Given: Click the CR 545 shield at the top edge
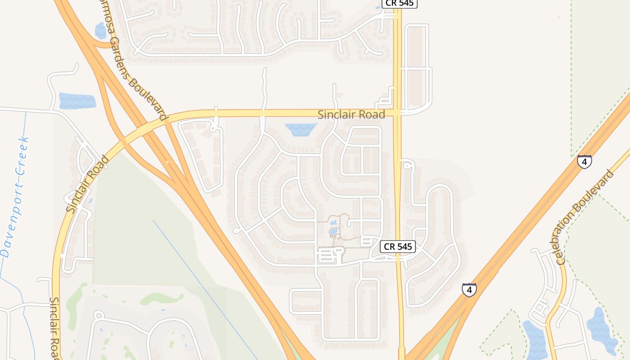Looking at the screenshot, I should [399, 4].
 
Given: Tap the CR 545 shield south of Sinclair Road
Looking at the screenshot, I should [397, 247].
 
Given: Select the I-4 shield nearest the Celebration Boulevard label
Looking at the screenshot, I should [584, 161].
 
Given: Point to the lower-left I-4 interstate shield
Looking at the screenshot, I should [469, 290].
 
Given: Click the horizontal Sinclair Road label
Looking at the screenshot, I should [351, 115].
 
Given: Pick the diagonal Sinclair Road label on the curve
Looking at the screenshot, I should [88, 184].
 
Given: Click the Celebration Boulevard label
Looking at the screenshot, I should [585, 217].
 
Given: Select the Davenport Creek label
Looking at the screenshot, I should [15, 197].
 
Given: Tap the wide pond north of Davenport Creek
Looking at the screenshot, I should [77, 101].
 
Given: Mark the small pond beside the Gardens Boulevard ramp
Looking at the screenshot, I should [100, 31].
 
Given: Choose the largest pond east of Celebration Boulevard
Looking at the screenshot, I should [602, 331].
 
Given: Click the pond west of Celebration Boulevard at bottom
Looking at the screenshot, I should [535, 340].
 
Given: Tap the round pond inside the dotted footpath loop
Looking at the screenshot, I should [334, 232].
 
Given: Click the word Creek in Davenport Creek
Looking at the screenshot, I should [22, 155].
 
